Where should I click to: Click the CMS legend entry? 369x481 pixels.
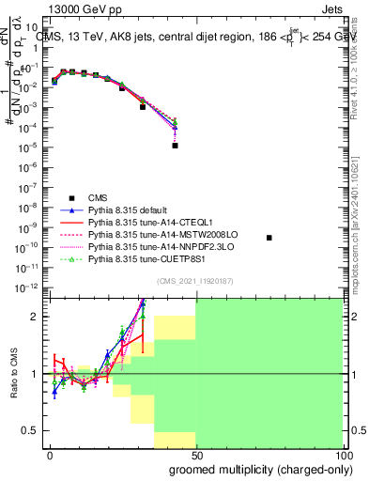(98, 196)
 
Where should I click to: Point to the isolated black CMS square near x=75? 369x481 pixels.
(269, 238)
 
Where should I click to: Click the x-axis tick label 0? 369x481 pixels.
(50, 454)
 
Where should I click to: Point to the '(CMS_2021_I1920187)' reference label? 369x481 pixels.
(194, 281)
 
